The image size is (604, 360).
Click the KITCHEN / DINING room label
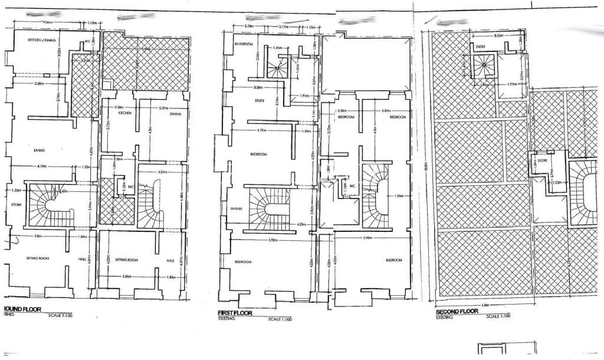pyautogui.click(x=42, y=40)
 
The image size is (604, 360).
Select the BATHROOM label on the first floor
pyautogui.click(x=244, y=45)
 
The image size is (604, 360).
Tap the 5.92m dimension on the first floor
pyautogui.click(x=274, y=240)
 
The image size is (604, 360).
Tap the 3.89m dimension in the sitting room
pyautogui.click(x=125, y=277)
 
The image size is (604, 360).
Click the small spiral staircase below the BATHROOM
pyautogui.click(x=275, y=69)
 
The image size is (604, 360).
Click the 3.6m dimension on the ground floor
pyautogui.click(x=38, y=236)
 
